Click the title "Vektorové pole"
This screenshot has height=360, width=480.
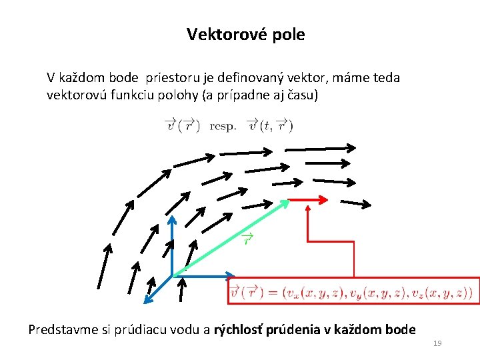[245, 35]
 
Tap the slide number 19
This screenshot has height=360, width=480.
[437, 343]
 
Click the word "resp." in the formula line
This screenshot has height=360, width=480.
[223, 125]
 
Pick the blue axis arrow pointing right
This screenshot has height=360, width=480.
[204, 275]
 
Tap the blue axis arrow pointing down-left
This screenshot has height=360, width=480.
[159, 287]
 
